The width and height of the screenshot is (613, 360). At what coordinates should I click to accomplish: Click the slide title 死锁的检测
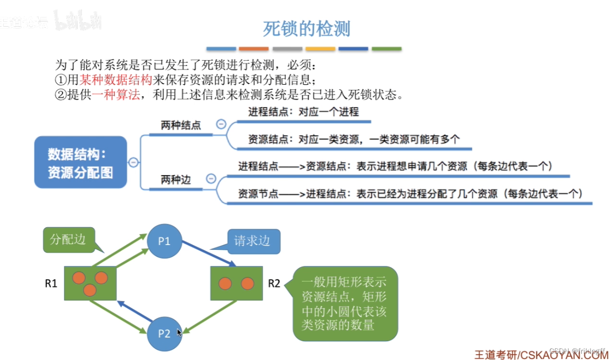[x=306, y=29]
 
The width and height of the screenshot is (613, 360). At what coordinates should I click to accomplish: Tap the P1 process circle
[x=164, y=241]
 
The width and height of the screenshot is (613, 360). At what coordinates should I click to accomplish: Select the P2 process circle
[x=164, y=333]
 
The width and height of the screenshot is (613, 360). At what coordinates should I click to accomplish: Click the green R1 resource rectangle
[x=90, y=283]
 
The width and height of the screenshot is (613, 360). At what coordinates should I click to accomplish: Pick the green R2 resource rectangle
[x=235, y=283]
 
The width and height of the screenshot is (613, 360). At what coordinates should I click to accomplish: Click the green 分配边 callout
[x=68, y=240]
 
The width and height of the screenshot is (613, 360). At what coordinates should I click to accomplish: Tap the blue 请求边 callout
[x=253, y=241]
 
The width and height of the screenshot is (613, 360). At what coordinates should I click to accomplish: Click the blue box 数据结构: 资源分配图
[x=81, y=162]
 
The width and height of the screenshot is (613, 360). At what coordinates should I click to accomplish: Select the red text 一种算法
[x=115, y=95]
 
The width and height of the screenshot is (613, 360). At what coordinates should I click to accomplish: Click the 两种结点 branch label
[x=181, y=125]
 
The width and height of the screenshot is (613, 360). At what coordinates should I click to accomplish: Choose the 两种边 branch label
[x=175, y=180]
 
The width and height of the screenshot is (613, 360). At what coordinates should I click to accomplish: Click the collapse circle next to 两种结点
[x=221, y=124]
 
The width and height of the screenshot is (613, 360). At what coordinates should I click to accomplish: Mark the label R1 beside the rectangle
[x=51, y=284]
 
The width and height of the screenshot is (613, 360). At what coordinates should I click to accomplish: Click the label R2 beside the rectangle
[x=274, y=284]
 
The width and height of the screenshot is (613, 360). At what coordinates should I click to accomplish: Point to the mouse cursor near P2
[x=179, y=332]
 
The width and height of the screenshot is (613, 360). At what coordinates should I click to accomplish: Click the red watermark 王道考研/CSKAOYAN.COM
[x=541, y=354]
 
